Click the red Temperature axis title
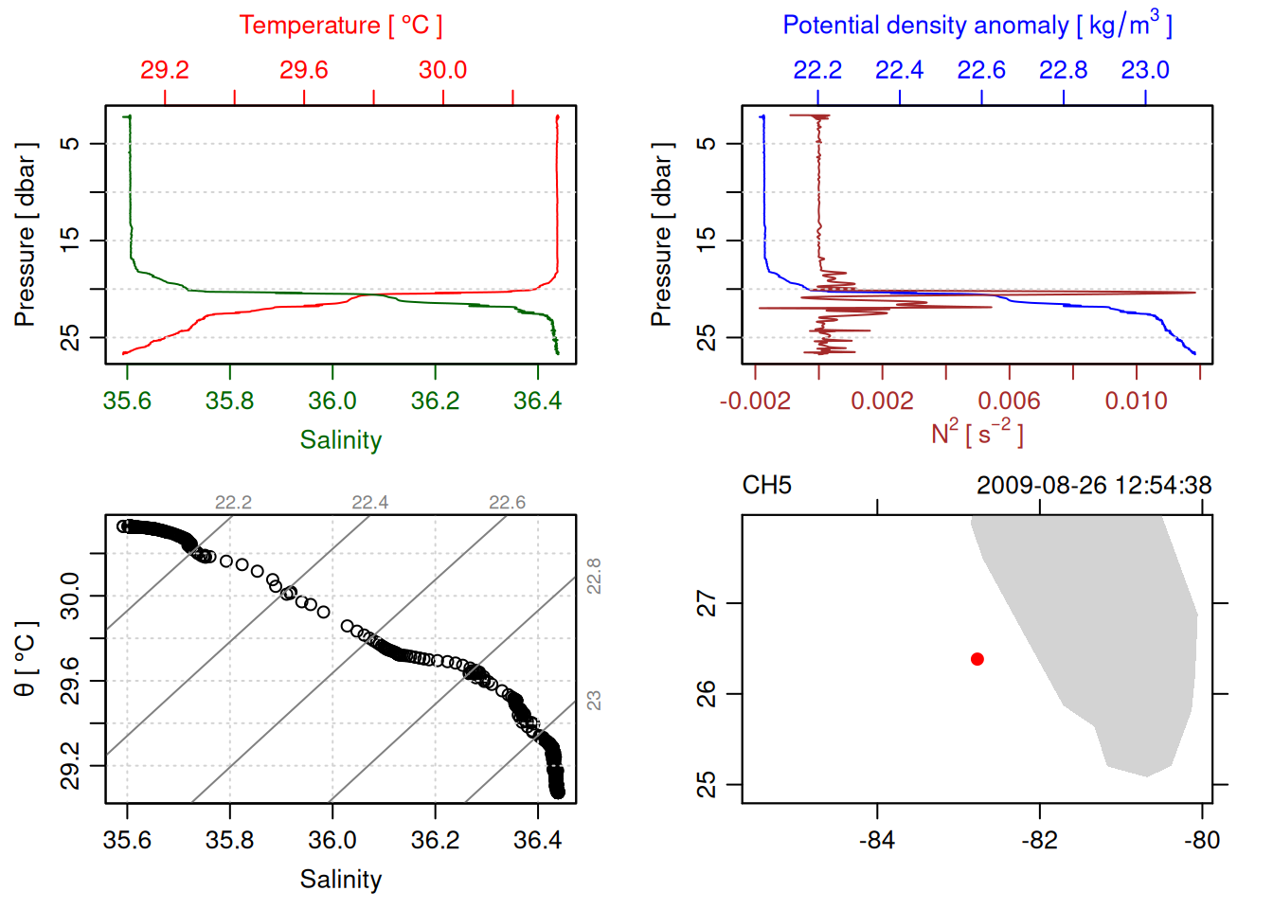pyautogui.click(x=340, y=26)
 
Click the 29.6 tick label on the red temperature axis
pyautogui.click(x=304, y=70)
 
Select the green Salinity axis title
pyautogui.click(x=340, y=440)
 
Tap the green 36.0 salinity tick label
pyautogui.click(x=332, y=401)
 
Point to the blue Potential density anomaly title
pyautogui.click(x=977, y=26)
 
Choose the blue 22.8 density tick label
pyautogui.click(x=1063, y=70)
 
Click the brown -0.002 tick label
pyautogui.click(x=755, y=401)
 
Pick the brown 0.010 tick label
pyautogui.click(x=1136, y=401)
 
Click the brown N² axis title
pyautogui.click(x=977, y=433)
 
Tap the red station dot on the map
pyautogui.click(x=977, y=659)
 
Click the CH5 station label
pyautogui.click(x=766, y=486)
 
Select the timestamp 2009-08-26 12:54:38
pyautogui.click(x=1094, y=486)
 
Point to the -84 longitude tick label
pyautogui.click(x=877, y=840)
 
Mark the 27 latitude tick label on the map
pyautogui.click(x=707, y=603)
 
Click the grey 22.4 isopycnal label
pyautogui.click(x=369, y=503)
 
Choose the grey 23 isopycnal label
pyautogui.click(x=594, y=701)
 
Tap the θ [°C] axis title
pyautogui.click(x=26, y=659)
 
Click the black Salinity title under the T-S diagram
pyautogui.click(x=340, y=880)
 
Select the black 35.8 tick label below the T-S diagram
pyautogui.click(x=230, y=840)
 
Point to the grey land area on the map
pyautogui.click(x=1118, y=644)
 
